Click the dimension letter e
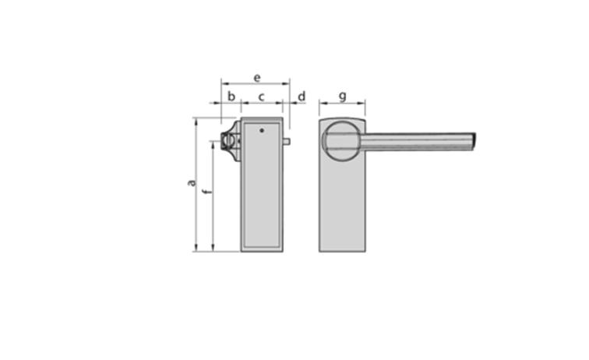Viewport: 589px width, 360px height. pyautogui.click(x=257, y=78)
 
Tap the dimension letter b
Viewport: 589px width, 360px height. pyautogui.click(x=231, y=96)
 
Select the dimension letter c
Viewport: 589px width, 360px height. pyautogui.click(x=262, y=97)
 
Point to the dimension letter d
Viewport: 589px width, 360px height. pyautogui.click(x=302, y=96)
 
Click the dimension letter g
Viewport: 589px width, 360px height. pyautogui.click(x=343, y=97)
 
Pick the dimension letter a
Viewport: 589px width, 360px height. pyautogui.click(x=192, y=183)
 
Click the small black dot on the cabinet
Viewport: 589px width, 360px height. pyautogui.click(x=262, y=130)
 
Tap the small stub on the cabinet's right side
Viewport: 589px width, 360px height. pyautogui.click(x=287, y=141)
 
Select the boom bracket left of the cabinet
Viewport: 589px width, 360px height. pyautogui.click(x=231, y=141)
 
